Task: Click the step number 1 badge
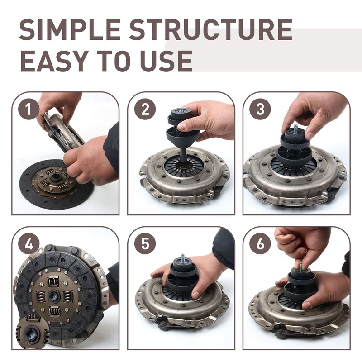click(29, 110)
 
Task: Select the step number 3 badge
click(260, 110)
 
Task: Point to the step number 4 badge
click(29, 244)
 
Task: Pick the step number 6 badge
click(260, 244)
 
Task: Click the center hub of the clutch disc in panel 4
click(54, 296)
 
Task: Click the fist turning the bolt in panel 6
click(301, 244)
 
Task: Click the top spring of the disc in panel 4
click(54, 281)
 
